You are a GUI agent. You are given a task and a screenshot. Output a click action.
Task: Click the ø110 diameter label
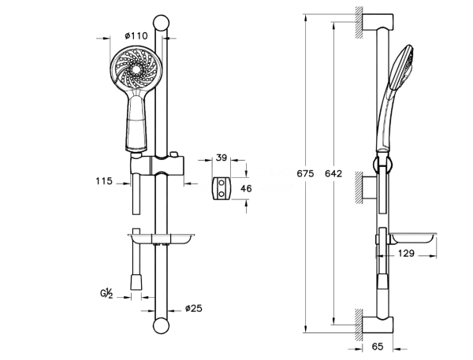click(136, 36)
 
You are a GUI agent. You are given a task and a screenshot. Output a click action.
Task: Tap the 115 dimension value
click(104, 181)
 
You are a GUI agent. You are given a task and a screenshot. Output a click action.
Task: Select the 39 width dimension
click(222, 158)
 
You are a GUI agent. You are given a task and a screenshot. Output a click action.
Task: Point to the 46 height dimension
click(246, 189)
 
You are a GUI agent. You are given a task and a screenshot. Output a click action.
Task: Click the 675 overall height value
click(305, 173)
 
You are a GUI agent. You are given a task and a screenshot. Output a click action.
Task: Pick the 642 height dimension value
click(333, 173)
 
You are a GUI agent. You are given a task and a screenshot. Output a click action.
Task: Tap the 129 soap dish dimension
click(406, 254)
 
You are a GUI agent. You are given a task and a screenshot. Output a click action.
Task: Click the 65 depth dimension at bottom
click(377, 347)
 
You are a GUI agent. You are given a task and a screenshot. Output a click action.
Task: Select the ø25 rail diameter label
click(194, 309)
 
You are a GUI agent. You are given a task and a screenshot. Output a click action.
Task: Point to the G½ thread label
click(106, 293)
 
